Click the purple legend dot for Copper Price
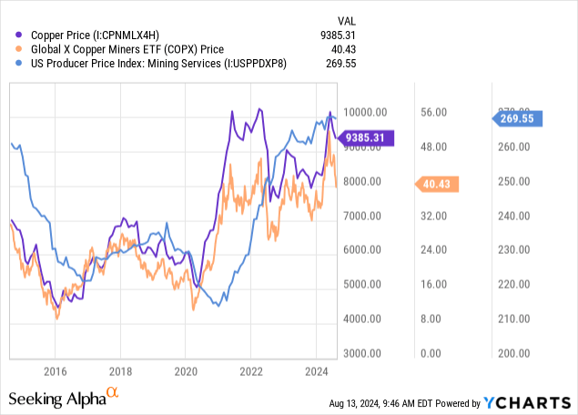pos(10,35)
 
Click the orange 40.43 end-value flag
pos(441,185)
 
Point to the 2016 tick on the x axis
pos(55,371)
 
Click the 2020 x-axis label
pos(186,371)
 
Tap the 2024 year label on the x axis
pos(316,371)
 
